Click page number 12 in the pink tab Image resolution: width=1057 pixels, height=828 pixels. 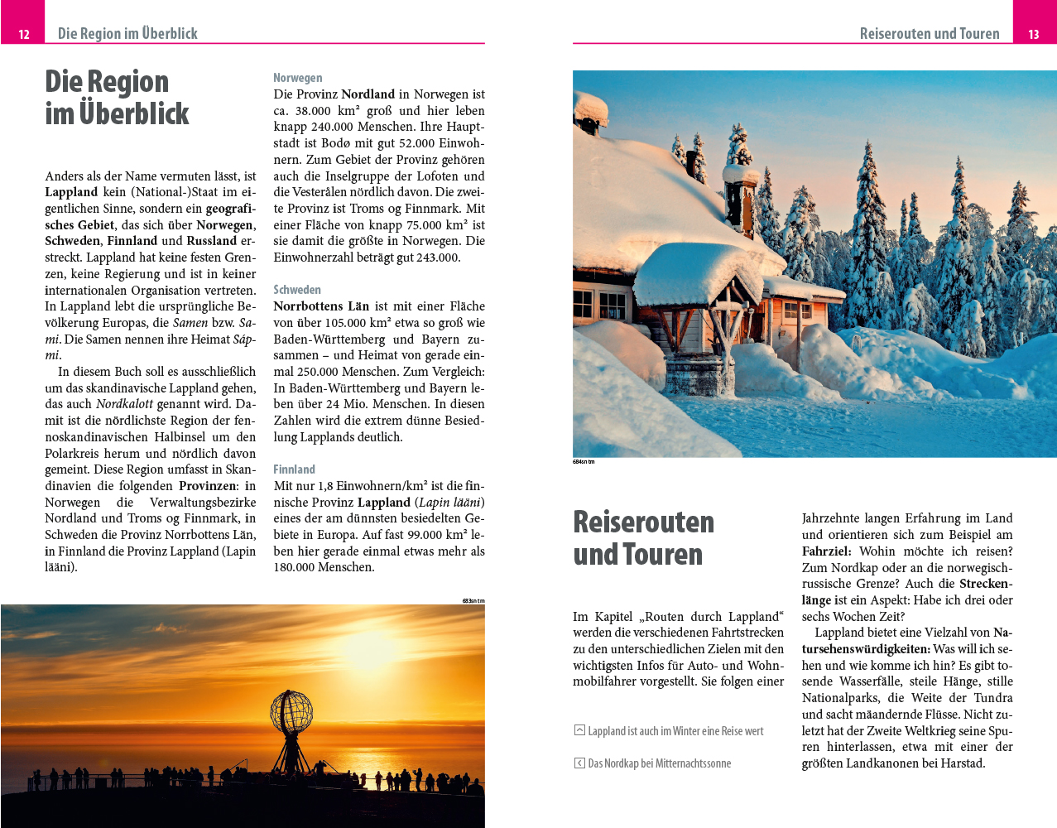[x=24, y=34]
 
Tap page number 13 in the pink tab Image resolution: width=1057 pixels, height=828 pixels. [x=1034, y=34]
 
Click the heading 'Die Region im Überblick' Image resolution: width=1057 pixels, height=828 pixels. [x=117, y=98]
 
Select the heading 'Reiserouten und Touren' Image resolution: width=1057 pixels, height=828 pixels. [x=643, y=538]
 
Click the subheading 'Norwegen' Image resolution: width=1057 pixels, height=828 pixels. [x=298, y=78]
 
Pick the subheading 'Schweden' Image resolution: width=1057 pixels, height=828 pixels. [x=297, y=290]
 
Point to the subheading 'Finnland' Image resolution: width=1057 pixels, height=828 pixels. [x=295, y=469]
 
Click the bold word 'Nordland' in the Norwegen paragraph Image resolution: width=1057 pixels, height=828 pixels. [x=368, y=94]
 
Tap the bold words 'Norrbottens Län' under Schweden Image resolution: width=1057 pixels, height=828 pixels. [x=321, y=306]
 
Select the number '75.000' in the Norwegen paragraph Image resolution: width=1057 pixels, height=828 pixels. [x=425, y=225]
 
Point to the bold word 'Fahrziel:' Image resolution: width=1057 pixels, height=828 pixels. [x=826, y=551]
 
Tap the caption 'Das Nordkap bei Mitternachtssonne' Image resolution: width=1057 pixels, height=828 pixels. [x=659, y=763]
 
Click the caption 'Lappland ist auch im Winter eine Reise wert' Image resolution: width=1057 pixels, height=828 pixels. [x=675, y=731]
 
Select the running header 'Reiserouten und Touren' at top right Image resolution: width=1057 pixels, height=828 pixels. [x=929, y=34]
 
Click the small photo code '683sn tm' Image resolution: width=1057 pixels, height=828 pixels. [x=473, y=600]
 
